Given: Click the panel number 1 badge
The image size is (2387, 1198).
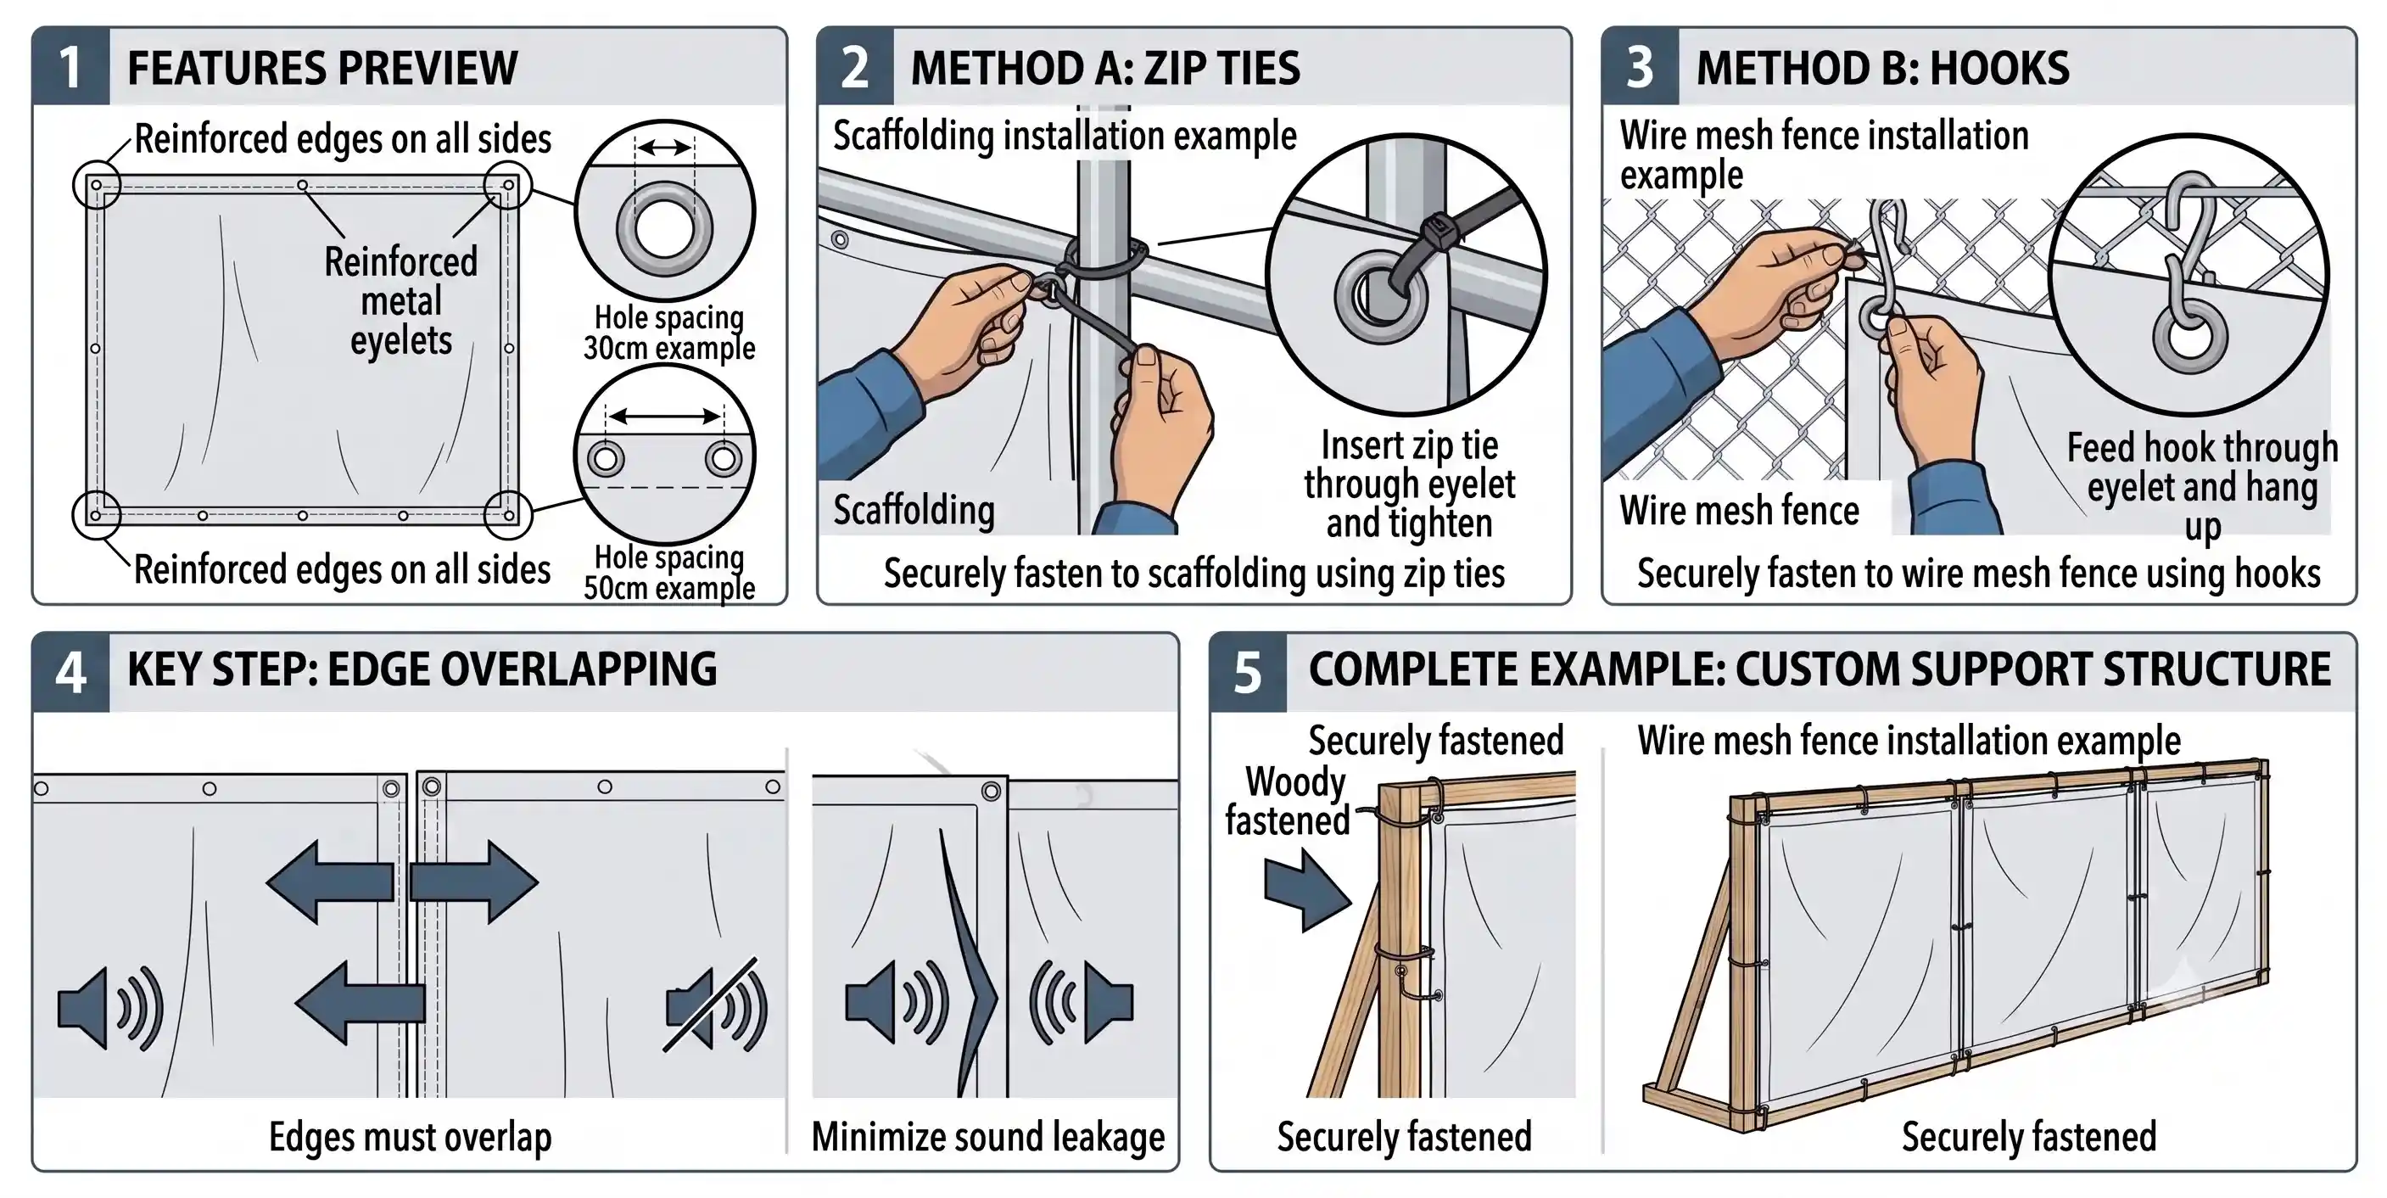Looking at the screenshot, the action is (71, 67).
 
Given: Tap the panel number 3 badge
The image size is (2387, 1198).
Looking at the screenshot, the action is (1641, 67).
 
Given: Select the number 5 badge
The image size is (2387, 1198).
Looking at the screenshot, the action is (1248, 673).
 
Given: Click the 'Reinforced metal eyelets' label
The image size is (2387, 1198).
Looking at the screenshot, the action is (401, 301).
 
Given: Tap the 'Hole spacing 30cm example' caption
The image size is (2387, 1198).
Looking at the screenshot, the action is (669, 333).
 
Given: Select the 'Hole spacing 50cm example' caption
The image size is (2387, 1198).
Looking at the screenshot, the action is (669, 573).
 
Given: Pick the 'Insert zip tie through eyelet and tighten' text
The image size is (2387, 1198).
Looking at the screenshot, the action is (1410, 484).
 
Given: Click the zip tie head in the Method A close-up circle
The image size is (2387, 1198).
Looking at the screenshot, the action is (1438, 228).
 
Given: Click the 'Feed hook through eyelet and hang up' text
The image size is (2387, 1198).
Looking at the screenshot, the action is (2203, 486).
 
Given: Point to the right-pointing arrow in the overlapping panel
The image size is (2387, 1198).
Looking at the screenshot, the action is (473, 882).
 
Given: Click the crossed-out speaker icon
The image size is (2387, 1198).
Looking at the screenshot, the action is (715, 1006).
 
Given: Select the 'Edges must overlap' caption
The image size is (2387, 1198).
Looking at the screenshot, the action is (411, 1137).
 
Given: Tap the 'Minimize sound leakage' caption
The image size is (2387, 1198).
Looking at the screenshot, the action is (987, 1137).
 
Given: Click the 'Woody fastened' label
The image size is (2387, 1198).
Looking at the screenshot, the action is (1290, 802).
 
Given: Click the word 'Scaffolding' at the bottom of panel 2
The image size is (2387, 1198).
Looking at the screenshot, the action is (914, 511).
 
